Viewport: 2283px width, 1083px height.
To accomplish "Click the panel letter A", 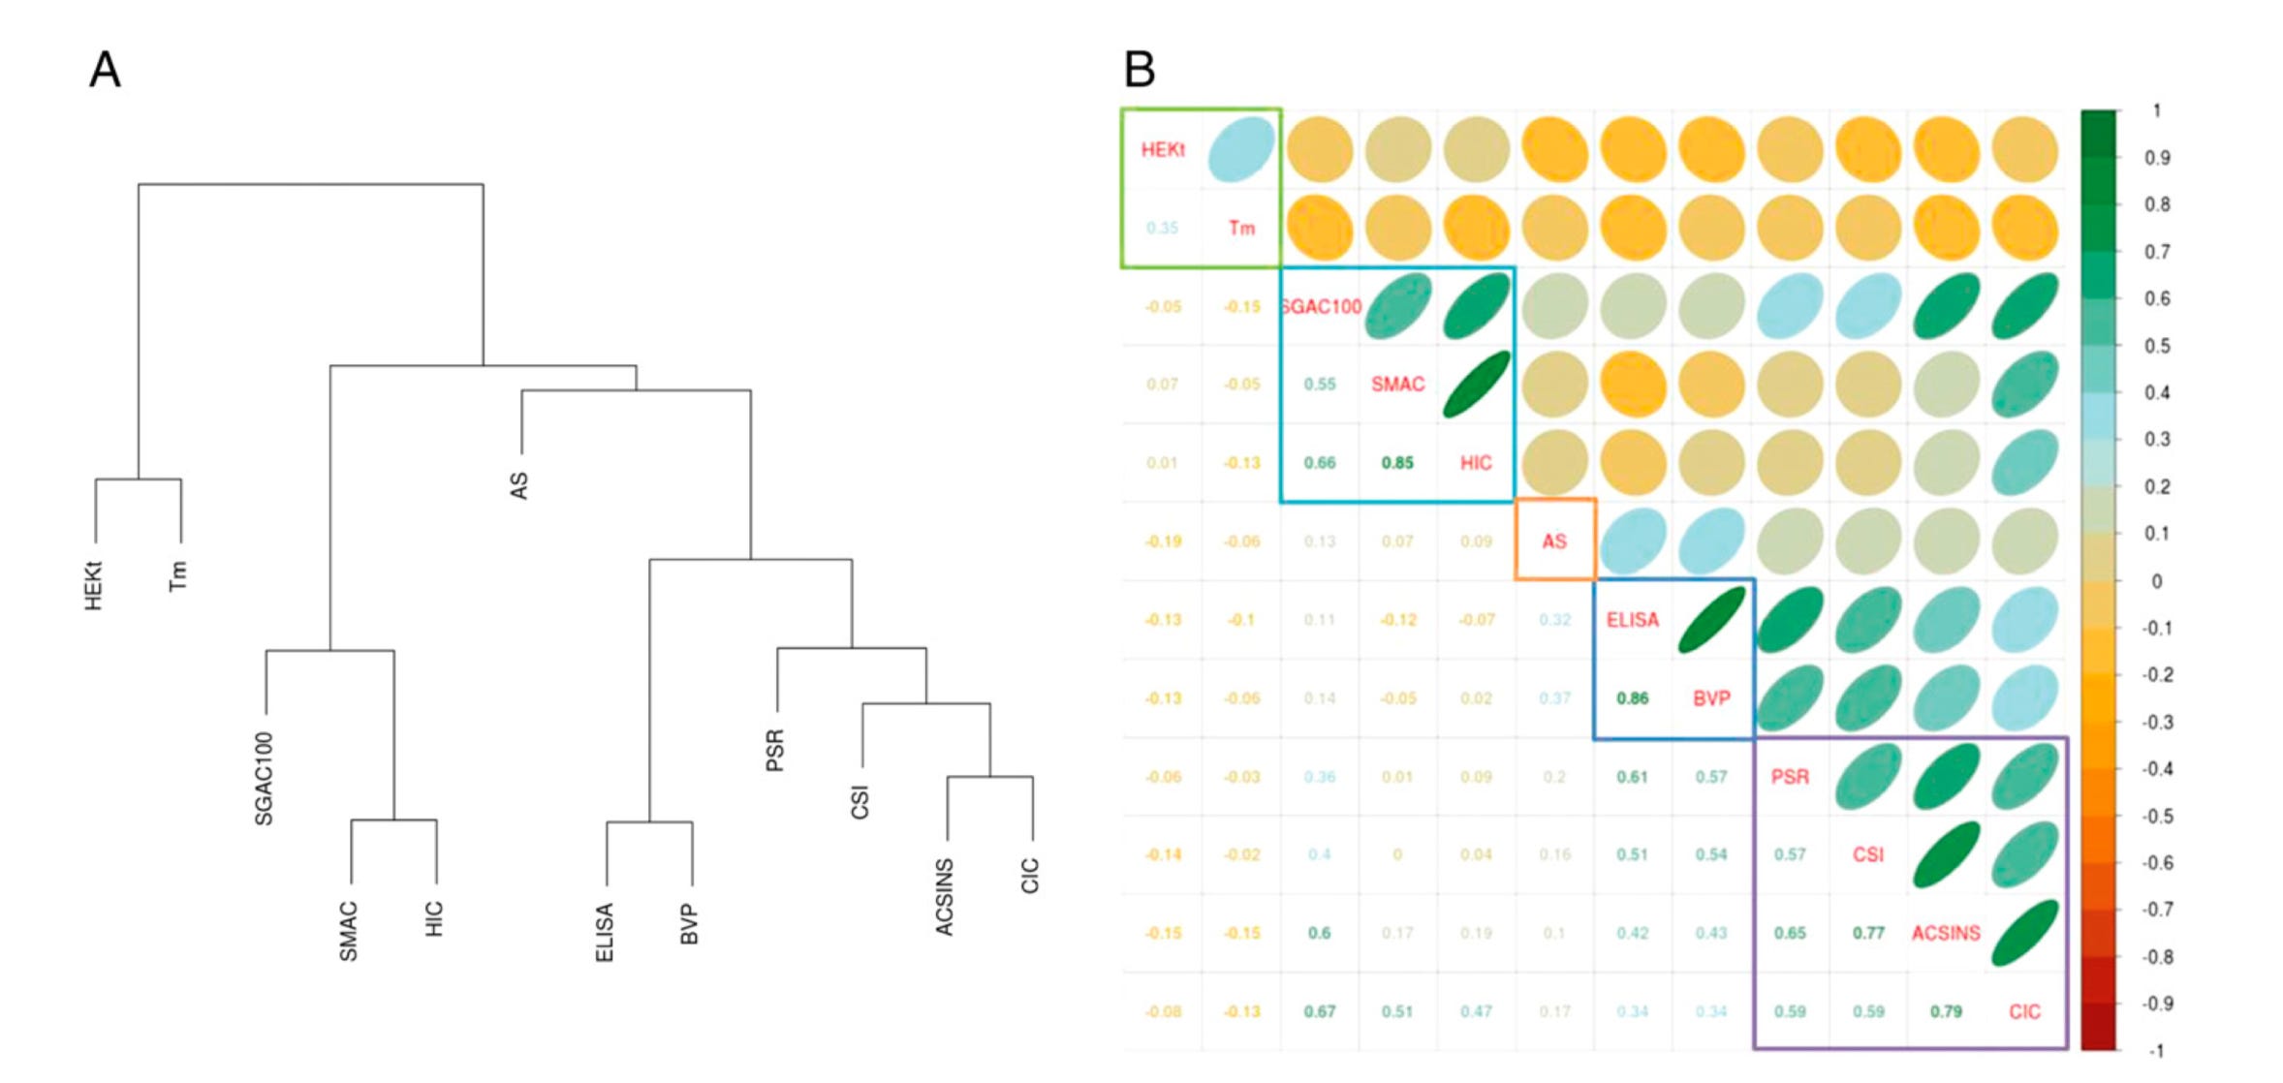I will point(105,70).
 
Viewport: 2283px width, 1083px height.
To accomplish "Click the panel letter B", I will point(1140,70).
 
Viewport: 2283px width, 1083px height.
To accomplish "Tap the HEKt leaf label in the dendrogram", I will point(94,586).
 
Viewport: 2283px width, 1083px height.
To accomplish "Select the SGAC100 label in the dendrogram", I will point(264,779).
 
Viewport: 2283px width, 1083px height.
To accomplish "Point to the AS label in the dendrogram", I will point(519,485).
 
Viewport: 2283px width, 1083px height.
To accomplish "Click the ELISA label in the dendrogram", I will point(605,932).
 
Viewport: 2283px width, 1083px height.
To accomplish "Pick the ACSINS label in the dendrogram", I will point(944,897).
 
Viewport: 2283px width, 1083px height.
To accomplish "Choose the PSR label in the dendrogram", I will point(775,751).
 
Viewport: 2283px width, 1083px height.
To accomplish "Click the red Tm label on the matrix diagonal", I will point(1241,228).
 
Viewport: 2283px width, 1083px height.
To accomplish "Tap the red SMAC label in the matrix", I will point(1397,385).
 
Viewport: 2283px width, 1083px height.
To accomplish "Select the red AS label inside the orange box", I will point(1554,541).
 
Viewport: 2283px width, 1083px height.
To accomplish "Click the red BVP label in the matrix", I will point(1711,698).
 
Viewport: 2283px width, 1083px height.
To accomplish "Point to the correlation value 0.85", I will point(1397,463).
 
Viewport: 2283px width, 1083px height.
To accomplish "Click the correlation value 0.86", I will point(1633,698).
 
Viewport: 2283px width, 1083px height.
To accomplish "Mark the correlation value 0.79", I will point(1946,1011).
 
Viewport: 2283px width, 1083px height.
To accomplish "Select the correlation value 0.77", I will point(1868,933).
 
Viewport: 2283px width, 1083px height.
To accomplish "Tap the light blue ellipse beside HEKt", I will point(1241,149).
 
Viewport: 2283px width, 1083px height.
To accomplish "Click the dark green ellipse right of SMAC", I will point(1476,385).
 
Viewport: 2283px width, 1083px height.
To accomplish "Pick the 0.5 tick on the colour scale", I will point(2157,346).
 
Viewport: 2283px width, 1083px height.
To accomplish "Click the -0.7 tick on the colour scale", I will point(2157,910).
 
